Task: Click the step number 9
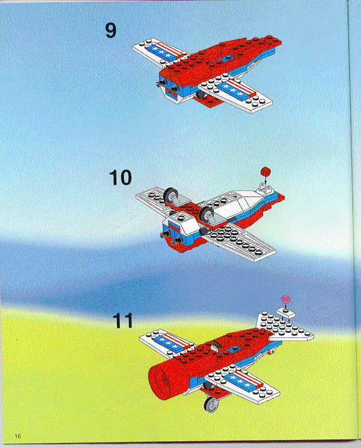(x=111, y=30)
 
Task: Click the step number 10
(x=120, y=178)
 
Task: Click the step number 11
(x=123, y=321)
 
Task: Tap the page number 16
(x=18, y=436)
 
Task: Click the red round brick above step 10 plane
(x=266, y=172)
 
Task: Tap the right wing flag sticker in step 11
(x=244, y=380)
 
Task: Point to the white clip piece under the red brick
(x=265, y=187)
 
